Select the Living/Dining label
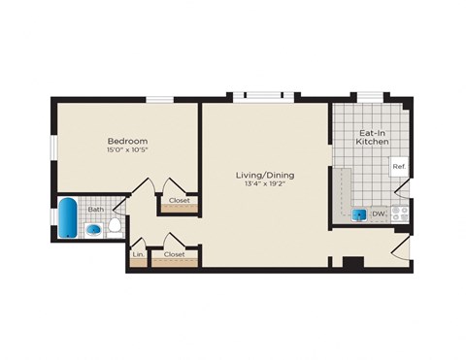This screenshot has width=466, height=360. point(264,176)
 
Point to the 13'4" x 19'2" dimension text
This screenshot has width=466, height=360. point(264,186)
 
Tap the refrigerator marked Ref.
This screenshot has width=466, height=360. point(398,166)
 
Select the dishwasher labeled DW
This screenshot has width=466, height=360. point(379,213)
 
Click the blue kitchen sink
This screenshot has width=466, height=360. point(359,214)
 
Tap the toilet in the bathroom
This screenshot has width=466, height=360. point(114,226)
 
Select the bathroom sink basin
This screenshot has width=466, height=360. point(93,230)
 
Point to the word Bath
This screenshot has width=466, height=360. point(95,209)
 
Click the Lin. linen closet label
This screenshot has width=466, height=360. point(137,254)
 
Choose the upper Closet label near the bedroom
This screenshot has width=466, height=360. point(179,202)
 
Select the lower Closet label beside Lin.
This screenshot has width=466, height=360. point(174,254)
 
